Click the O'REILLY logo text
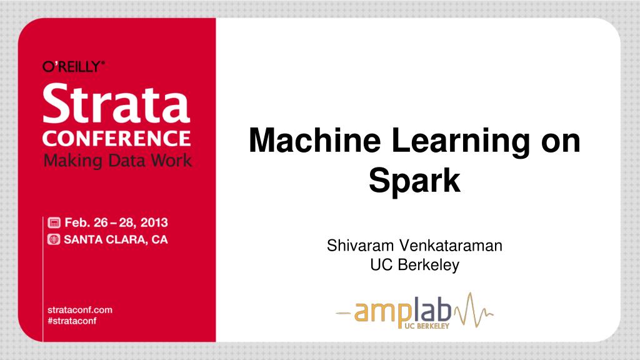pos(74,66)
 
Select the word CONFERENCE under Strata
pos(116,138)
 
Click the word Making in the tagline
pos(72,161)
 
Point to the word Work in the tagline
pos(171,160)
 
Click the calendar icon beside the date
pos(54,222)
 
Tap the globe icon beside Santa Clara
pos(54,239)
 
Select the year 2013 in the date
pos(154,222)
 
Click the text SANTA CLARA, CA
pos(116,239)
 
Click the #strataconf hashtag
pos(72,321)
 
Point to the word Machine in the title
pos(315,141)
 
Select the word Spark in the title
pos(415,180)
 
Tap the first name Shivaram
pos(361,245)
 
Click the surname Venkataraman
pos(451,245)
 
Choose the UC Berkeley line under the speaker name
pos(415,265)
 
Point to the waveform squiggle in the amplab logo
pos(474,310)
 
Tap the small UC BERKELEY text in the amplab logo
pos(427,326)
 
